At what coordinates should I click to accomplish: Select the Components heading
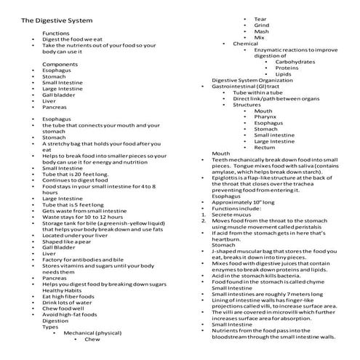click(x=60, y=65)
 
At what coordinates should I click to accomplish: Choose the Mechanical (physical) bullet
click(x=94, y=333)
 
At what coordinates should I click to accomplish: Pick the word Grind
click(x=262, y=25)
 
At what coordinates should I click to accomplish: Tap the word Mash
click(x=262, y=31)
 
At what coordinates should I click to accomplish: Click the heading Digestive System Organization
click(x=258, y=80)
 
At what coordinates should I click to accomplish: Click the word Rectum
click(x=264, y=148)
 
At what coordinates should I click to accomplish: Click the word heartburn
click(x=226, y=239)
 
